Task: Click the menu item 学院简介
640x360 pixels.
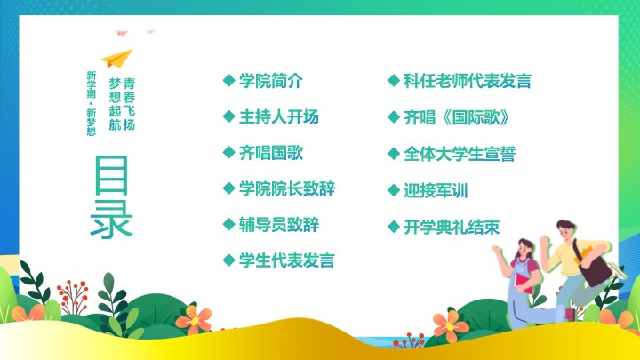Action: (x=270, y=81)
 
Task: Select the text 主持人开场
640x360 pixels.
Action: (x=279, y=117)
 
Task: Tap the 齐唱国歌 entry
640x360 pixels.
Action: (x=270, y=153)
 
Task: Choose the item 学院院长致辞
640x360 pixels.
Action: (x=287, y=189)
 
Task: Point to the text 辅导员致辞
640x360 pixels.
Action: (x=279, y=225)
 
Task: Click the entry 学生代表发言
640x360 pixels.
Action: (x=287, y=260)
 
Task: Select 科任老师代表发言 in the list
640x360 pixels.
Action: (x=468, y=81)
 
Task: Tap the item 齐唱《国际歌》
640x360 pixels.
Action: (x=456, y=117)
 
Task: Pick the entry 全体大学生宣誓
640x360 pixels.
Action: (x=460, y=154)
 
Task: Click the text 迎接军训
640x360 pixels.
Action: (x=436, y=190)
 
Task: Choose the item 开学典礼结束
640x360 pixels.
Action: (x=452, y=228)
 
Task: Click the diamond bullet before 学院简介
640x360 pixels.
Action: (x=229, y=80)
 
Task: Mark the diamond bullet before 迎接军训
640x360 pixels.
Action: (x=394, y=190)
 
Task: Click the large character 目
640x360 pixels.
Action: (x=111, y=175)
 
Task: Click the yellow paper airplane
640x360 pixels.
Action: (x=117, y=59)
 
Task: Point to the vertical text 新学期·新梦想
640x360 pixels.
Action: (x=91, y=103)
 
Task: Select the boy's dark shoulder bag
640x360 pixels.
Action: (x=594, y=265)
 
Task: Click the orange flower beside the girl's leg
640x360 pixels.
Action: (x=450, y=325)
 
